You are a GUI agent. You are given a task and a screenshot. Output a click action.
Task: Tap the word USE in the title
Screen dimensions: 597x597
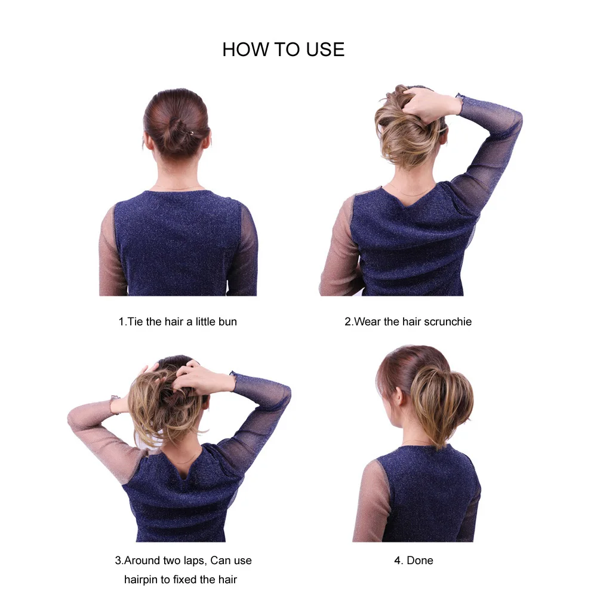[x=325, y=50]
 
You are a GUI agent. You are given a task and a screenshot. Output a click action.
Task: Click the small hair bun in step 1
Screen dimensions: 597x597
[x=177, y=134]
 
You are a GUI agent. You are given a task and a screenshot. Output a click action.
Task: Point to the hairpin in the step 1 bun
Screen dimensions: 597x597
[x=189, y=133]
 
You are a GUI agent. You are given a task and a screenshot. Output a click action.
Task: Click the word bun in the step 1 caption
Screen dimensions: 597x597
[x=227, y=322]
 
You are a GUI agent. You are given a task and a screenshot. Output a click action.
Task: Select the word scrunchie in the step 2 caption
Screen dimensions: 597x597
[x=448, y=322]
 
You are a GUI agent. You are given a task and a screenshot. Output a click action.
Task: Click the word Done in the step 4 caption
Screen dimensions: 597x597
[x=420, y=561]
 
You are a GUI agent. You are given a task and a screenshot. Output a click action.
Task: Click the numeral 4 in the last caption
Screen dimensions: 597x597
[x=398, y=561]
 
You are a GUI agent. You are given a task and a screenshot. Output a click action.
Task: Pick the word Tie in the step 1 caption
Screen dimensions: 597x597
[x=135, y=322]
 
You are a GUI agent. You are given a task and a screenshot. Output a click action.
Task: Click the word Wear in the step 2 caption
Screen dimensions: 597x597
[x=367, y=322]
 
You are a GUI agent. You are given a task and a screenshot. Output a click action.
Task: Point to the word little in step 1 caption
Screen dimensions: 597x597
[x=205, y=322]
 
